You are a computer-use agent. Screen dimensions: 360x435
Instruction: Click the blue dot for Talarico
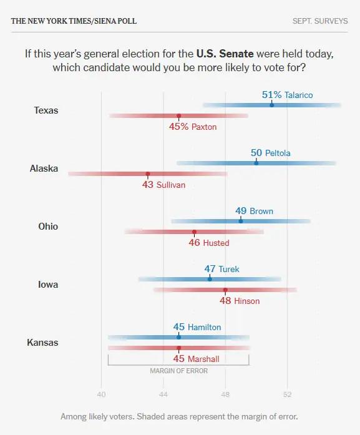pos(272,105)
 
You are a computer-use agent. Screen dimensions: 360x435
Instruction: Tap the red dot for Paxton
pos(179,115)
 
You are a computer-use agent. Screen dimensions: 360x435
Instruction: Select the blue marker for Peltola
pos(256,163)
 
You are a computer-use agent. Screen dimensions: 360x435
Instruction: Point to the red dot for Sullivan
pos(148,174)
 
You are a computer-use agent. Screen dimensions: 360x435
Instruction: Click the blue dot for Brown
pos(241,221)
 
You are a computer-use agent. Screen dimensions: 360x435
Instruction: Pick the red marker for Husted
pos(194,232)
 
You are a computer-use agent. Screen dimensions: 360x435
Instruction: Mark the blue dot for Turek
pos(210,279)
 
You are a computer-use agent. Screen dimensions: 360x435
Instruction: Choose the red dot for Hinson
pos(225,290)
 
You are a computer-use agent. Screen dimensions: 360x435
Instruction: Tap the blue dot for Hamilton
pos(178,337)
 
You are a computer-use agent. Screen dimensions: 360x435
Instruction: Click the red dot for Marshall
pos(179,348)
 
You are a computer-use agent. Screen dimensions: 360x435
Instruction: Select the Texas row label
pos(46,110)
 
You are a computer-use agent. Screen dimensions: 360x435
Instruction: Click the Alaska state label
pos(44,169)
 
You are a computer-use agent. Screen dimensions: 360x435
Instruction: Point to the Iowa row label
pos(48,285)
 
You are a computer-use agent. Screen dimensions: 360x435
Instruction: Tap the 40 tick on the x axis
pos(101,394)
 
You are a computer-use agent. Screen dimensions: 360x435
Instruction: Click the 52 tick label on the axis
pos(288,394)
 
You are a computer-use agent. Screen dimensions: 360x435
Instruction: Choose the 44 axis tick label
pos(163,394)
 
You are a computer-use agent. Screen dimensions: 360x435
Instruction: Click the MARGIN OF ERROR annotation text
pos(178,371)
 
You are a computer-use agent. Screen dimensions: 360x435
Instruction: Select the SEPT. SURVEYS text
pos(320,21)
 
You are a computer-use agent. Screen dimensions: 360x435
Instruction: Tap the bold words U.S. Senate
pos(225,54)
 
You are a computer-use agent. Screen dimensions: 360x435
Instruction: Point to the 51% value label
pos(272,95)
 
